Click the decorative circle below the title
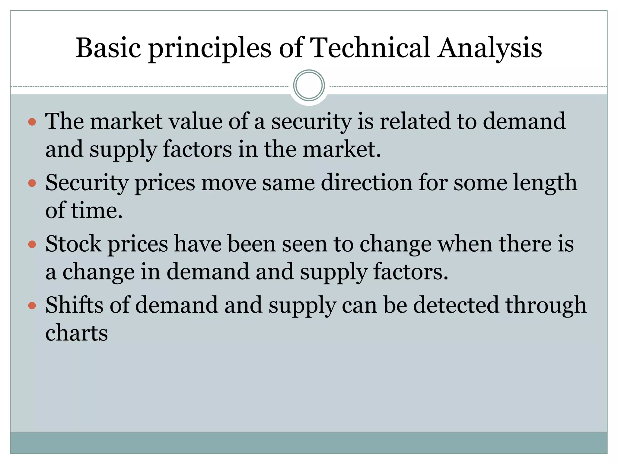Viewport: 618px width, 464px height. tap(309, 85)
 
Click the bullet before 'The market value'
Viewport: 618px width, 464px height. tap(32, 122)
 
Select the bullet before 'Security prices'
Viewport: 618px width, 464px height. tap(32, 183)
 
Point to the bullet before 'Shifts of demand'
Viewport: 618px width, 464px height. tap(32, 306)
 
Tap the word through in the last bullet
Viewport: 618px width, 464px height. tap(546, 306)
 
